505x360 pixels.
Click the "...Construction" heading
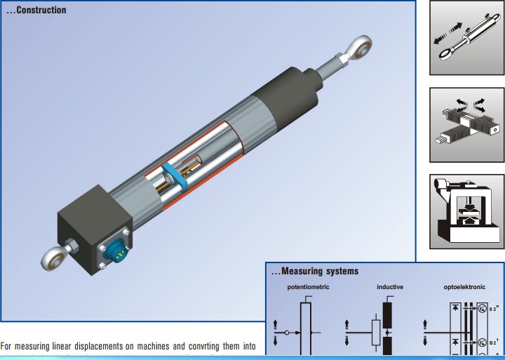point(36,11)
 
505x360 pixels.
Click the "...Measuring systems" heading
point(315,271)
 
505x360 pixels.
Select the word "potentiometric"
point(308,288)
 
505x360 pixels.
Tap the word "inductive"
point(390,288)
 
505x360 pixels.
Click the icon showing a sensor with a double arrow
point(466,39)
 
